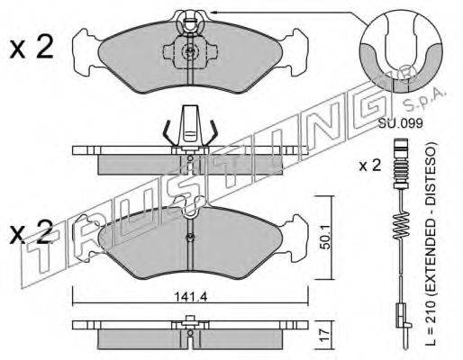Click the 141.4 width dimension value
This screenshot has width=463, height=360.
tap(191, 297)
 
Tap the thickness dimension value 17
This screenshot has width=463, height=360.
tap(324, 336)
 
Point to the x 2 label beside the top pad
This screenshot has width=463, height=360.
tap(32, 47)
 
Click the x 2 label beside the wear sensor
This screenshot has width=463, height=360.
tap(370, 166)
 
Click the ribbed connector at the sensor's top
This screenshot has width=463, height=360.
tap(400, 163)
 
